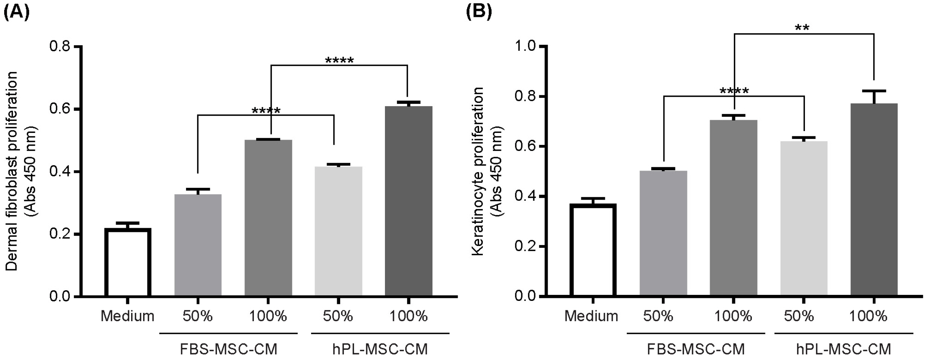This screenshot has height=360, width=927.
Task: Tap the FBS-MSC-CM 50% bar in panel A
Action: click(198, 245)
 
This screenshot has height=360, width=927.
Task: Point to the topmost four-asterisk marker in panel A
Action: click(339, 60)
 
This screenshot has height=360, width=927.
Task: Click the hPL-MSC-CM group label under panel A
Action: click(380, 349)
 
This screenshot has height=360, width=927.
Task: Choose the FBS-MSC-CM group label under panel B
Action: click(695, 349)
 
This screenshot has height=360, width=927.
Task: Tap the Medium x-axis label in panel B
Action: click(591, 316)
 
